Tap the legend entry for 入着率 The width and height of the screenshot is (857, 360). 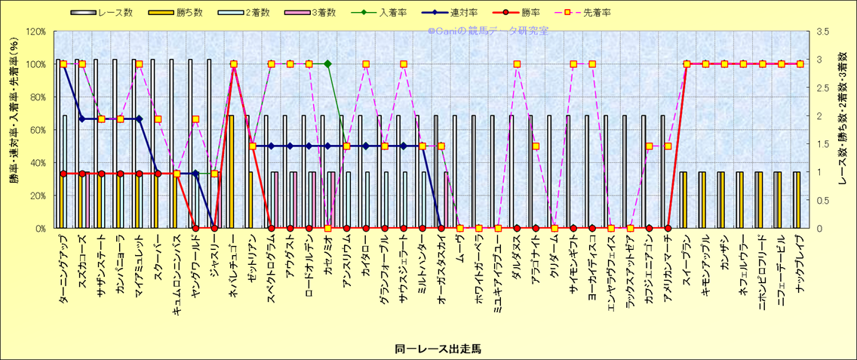(395, 13)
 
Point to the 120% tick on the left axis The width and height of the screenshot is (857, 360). (35, 32)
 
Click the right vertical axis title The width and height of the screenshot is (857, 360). (843, 130)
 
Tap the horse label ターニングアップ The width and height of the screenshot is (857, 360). (63, 268)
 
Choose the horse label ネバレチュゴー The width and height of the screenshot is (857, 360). (233, 266)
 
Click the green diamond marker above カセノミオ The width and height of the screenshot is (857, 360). (327, 64)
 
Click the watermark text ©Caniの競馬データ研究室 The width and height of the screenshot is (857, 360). (488, 31)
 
